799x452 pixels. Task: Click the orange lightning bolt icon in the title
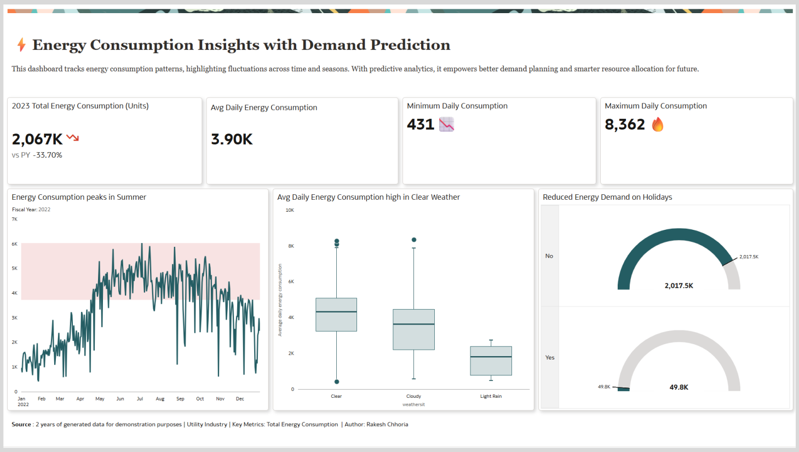click(x=21, y=45)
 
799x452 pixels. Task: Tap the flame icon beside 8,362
click(x=658, y=125)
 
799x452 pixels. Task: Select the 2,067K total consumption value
click(x=37, y=140)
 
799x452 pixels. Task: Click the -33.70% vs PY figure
click(x=48, y=155)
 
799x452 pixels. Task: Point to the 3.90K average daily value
click(x=232, y=140)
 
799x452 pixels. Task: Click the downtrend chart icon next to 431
click(x=447, y=125)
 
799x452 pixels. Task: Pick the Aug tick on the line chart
click(x=160, y=399)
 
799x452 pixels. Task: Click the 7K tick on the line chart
click(x=15, y=219)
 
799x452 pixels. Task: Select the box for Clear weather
click(x=336, y=315)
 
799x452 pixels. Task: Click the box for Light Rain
click(x=491, y=361)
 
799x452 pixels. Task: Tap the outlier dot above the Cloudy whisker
click(x=414, y=240)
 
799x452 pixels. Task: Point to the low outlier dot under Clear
click(x=337, y=382)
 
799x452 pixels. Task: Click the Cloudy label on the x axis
click(x=413, y=396)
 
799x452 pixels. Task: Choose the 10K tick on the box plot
click(x=290, y=210)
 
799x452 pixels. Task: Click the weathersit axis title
click(x=413, y=405)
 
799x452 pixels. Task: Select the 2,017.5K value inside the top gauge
click(x=679, y=286)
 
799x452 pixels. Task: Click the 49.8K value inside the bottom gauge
click(x=679, y=387)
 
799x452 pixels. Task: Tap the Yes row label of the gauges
click(x=550, y=357)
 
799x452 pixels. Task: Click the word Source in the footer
click(x=21, y=425)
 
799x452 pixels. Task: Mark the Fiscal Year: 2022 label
click(x=31, y=210)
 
